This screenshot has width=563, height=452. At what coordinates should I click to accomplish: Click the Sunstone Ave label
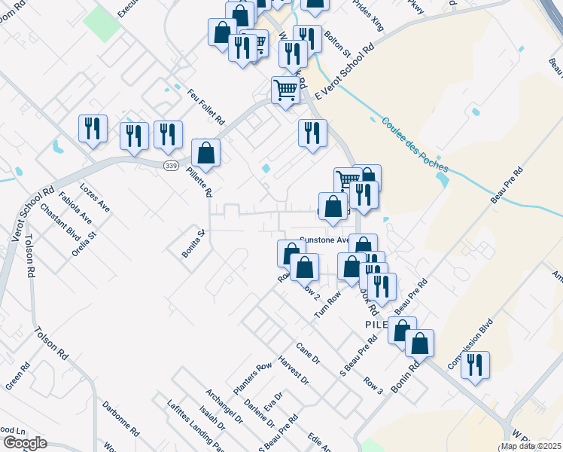(324, 240)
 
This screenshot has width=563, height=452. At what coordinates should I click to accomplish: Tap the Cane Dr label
(307, 354)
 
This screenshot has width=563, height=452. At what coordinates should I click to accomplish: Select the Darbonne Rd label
(121, 419)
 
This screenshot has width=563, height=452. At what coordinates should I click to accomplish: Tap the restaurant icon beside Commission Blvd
(475, 365)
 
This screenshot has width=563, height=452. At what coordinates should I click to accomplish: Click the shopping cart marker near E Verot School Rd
(285, 90)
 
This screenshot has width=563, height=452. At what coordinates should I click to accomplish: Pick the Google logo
(24, 443)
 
